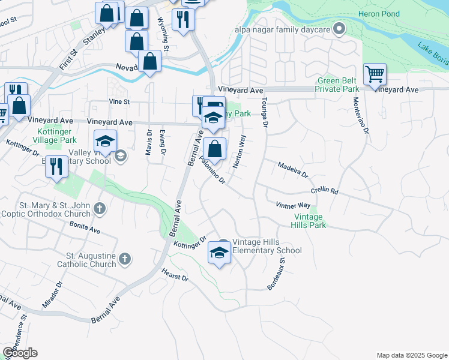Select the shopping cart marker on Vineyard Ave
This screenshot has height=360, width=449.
click(x=375, y=75)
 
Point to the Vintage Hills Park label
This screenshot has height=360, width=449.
click(x=309, y=221)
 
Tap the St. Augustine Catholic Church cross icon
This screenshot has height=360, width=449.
click(x=125, y=259)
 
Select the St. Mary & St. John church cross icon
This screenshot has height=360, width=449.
click(x=100, y=209)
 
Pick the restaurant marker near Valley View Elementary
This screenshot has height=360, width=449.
click(x=56, y=166)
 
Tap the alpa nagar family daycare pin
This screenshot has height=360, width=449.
click(x=339, y=28)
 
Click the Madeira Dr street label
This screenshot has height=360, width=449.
click(x=292, y=169)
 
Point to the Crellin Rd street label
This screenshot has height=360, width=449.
click(x=325, y=191)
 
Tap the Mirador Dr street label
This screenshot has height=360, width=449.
click(x=52, y=295)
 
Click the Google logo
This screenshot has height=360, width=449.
click(x=20, y=352)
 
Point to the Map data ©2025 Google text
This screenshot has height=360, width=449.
click(x=411, y=355)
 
